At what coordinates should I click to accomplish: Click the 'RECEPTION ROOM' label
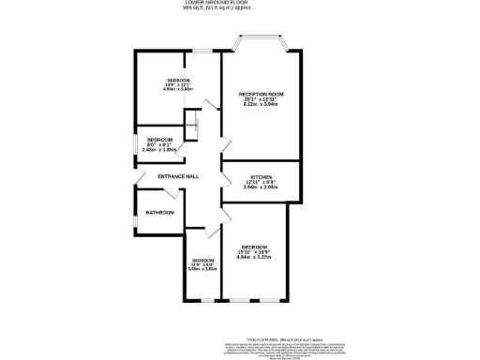tap(262, 95)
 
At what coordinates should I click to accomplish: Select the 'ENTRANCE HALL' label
tap(164, 176)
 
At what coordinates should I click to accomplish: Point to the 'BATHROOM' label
tap(159, 213)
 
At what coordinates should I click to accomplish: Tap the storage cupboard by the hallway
tap(191, 127)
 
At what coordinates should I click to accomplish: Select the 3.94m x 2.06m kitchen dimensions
tap(261, 188)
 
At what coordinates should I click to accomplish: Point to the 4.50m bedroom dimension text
tap(179, 90)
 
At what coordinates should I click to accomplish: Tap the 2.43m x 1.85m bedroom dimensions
tap(159, 149)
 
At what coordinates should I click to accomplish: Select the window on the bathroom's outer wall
tap(135, 213)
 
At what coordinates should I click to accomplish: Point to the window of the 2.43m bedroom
tap(135, 143)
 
